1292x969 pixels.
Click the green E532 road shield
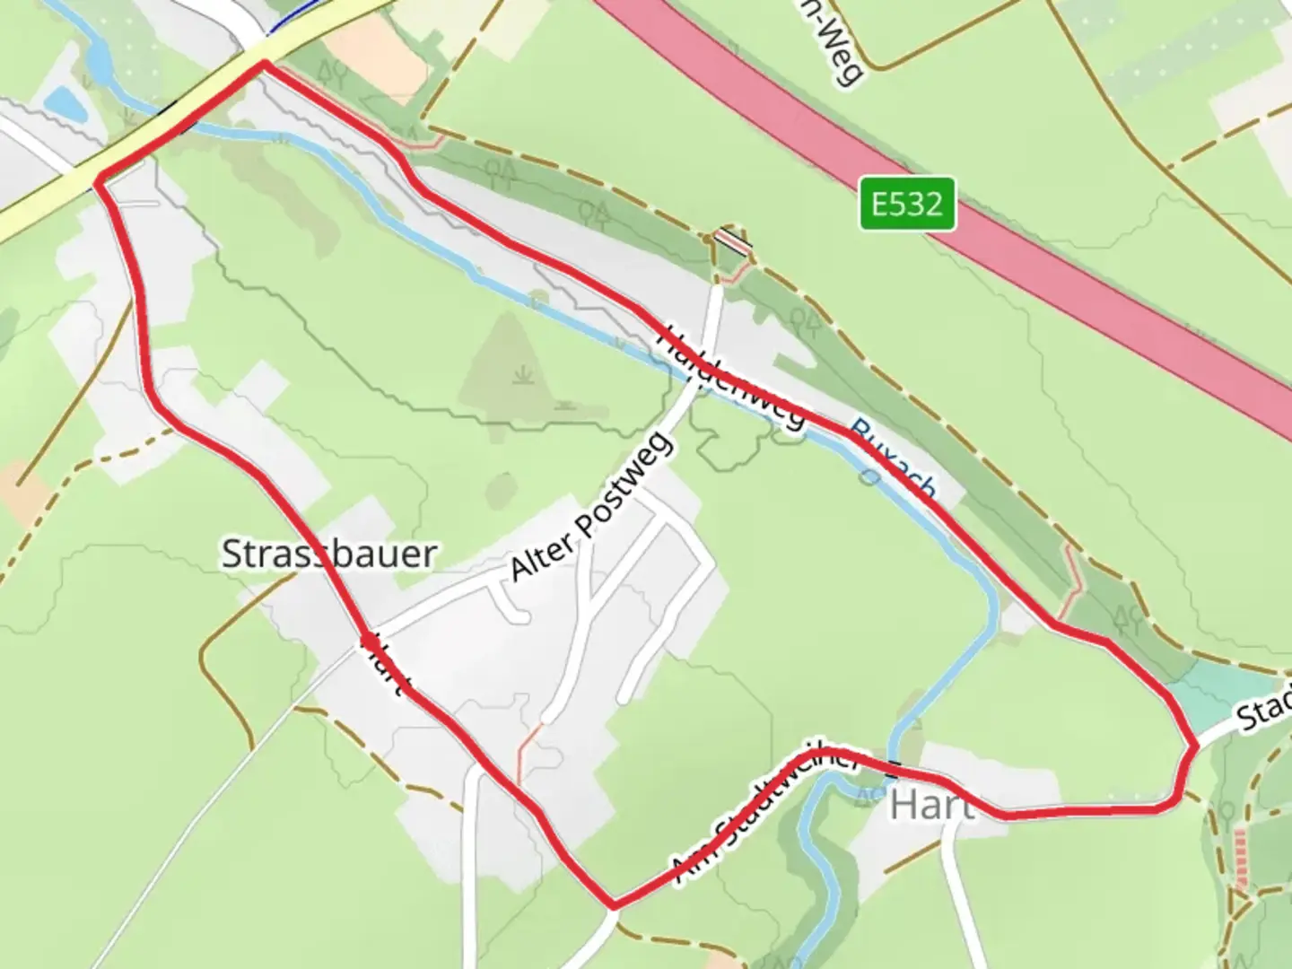[x=906, y=205]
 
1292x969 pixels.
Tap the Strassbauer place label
[x=328, y=554]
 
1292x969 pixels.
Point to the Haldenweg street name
[x=731, y=376]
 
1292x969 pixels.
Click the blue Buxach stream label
[x=893, y=460]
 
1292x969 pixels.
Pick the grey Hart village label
[x=931, y=805]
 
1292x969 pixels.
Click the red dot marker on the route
[x=369, y=640]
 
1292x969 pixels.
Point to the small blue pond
[x=65, y=104]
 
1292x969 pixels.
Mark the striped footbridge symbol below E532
[x=732, y=241]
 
